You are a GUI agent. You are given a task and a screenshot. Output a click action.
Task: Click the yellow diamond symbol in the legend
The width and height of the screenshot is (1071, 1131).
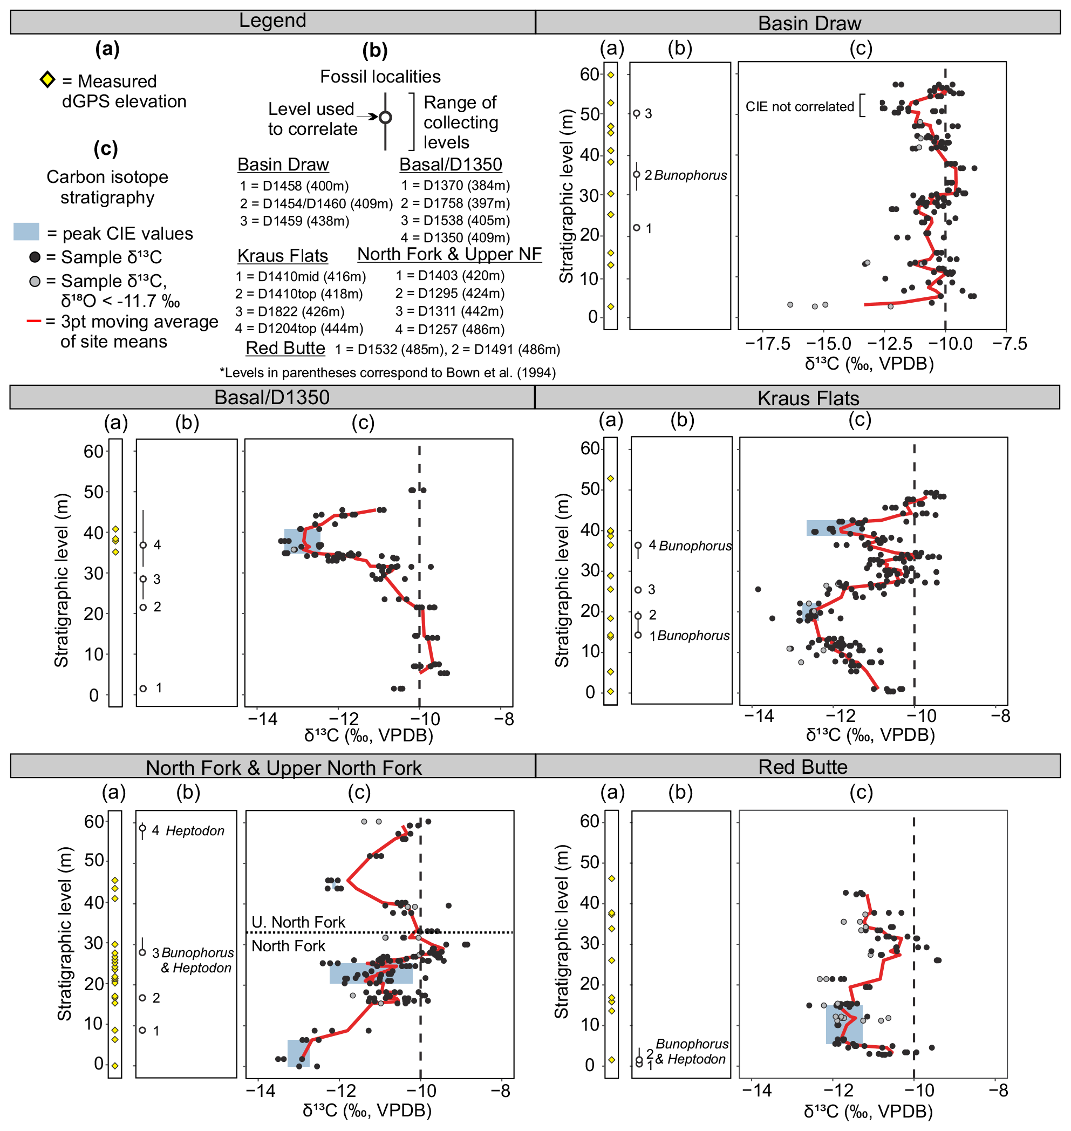click(47, 79)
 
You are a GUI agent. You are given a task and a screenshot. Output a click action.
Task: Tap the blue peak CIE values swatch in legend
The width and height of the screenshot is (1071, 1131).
click(26, 232)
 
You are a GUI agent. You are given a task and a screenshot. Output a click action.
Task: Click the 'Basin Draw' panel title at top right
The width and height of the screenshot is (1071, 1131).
click(809, 23)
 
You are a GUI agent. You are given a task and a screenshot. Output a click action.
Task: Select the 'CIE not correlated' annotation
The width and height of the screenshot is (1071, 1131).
click(799, 107)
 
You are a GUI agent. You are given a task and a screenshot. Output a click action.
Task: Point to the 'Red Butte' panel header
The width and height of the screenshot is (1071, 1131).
click(802, 767)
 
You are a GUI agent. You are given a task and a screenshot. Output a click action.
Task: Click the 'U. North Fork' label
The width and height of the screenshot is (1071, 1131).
click(298, 922)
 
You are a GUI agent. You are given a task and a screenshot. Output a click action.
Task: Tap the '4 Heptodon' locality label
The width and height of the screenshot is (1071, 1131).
click(188, 830)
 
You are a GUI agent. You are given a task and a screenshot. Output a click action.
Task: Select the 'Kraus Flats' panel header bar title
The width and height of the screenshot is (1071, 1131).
click(808, 398)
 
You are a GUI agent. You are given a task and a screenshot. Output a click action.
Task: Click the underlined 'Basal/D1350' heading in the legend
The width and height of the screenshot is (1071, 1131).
click(451, 165)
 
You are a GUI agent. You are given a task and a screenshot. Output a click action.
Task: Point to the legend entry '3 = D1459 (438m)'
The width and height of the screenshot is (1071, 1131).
click(294, 221)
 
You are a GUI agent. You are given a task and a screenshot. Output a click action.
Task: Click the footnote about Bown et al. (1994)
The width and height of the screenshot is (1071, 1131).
click(387, 373)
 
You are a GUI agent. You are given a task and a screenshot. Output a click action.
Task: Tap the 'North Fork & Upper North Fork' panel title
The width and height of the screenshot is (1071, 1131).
click(284, 768)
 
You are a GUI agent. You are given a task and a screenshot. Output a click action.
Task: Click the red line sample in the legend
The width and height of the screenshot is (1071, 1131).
click(33, 322)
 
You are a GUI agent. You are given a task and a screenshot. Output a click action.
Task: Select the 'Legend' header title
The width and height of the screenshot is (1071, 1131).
click(272, 21)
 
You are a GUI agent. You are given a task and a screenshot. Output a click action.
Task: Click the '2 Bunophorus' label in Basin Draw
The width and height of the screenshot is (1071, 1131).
click(686, 175)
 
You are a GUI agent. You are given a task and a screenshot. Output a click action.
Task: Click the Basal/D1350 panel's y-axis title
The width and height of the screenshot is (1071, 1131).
click(61, 580)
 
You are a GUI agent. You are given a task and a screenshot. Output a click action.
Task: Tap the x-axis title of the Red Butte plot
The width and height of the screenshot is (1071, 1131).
click(868, 1111)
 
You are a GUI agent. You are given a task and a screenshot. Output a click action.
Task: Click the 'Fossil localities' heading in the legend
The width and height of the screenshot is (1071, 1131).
click(380, 77)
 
